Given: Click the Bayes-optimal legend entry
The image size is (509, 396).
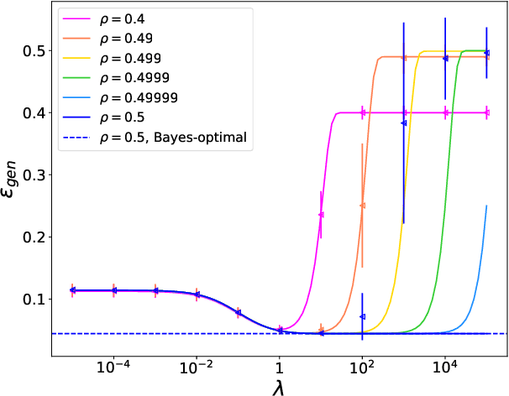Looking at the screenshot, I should [173, 135].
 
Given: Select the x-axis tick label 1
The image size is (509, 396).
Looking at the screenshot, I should [280, 367].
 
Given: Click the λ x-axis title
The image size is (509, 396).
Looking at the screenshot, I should [280, 387].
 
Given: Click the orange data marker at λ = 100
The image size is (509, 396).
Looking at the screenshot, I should [362, 206].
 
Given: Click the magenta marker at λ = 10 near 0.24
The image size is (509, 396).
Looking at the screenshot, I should [321, 214].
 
